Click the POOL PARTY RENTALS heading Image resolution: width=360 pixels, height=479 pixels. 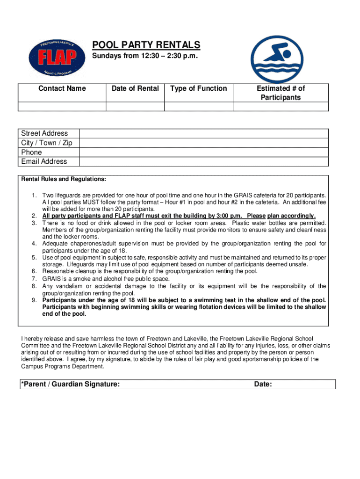pos(146,45)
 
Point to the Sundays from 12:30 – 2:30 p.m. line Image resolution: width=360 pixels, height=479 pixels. pos(145,57)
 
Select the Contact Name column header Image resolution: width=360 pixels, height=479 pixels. pos(62,88)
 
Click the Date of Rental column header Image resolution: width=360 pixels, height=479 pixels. pos(135,88)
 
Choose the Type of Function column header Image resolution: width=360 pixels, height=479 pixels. pos(198,88)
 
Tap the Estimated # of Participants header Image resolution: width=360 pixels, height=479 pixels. pos(281,93)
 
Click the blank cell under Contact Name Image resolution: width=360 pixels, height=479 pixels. pos(62,107)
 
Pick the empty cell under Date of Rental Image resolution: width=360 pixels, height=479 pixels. pos(135,107)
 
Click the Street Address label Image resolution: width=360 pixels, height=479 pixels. pos(44,133)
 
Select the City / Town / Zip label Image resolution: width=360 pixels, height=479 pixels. pos(47,143)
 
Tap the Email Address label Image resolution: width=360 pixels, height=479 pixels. pos(44,161)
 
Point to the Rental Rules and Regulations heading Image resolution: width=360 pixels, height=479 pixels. pos(64,179)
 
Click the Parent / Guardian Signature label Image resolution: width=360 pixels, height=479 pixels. pos(70,384)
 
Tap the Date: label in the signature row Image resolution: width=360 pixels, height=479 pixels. pos(263,384)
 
